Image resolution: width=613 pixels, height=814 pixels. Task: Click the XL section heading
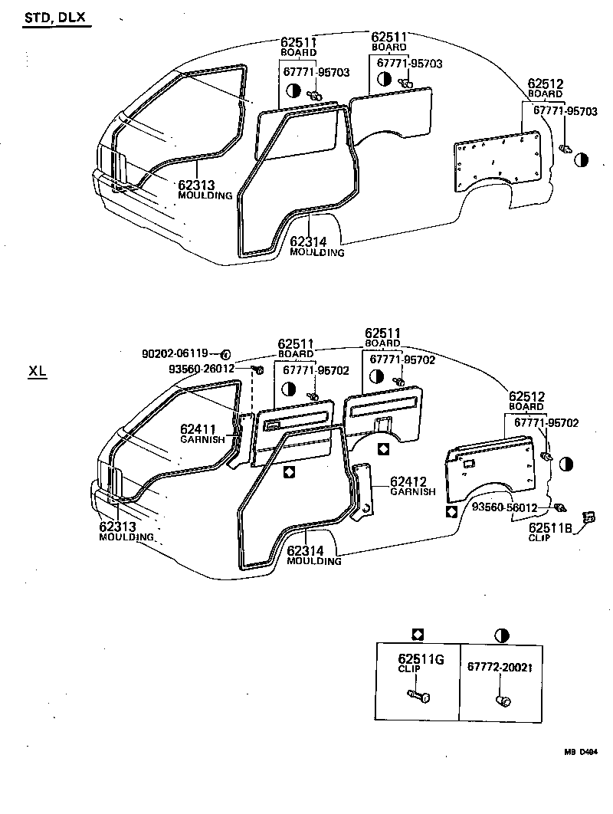point(38,373)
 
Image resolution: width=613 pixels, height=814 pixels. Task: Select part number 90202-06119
point(175,354)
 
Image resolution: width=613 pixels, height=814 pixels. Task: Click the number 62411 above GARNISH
point(198,429)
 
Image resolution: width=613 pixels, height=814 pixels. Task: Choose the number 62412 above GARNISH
point(408,481)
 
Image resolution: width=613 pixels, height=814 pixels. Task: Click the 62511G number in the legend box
point(421,658)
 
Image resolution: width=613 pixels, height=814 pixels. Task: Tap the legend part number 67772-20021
point(500,667)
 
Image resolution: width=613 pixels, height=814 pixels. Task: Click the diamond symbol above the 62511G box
point(418,634)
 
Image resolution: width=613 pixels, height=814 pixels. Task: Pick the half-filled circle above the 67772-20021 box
point(502,635)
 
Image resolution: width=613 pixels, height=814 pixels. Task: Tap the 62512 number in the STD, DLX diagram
point(545,84)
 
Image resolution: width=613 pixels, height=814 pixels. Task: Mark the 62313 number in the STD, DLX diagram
point(196,185)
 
